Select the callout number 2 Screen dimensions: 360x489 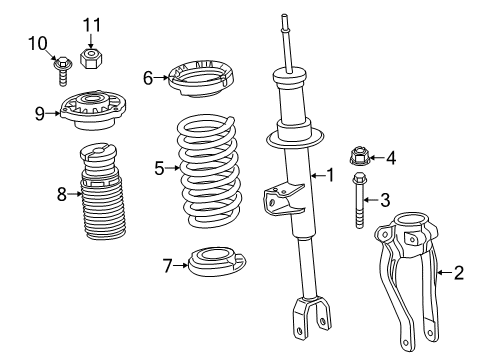[458, 270]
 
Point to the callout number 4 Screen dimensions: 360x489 [391, 157]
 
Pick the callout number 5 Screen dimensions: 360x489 [159, 168]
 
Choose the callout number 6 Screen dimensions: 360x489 [148, 76]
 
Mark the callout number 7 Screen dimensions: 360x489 [168, 265]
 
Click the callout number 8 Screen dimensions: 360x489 [62, 194]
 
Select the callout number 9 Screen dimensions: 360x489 [39, 113]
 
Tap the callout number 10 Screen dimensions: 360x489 [38, 42]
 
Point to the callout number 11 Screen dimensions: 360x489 [92, 24]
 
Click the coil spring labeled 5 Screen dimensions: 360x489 [209, 170]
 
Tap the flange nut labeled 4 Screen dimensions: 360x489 [360, 156]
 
